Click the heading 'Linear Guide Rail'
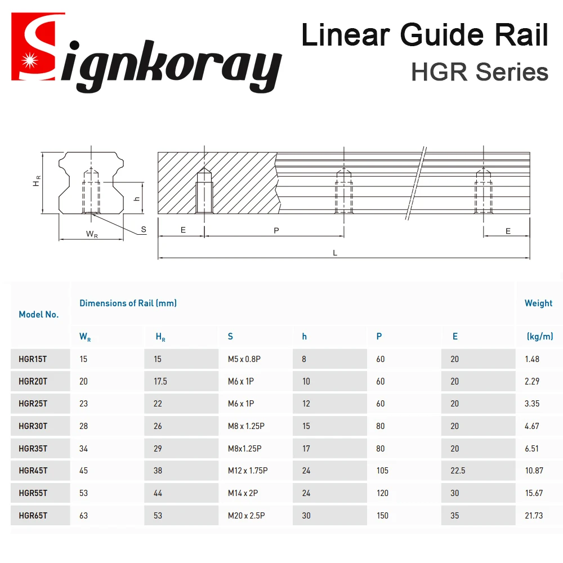425,35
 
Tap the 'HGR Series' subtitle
480,72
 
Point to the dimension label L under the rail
335,253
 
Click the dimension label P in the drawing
276,231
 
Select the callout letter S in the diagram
144,229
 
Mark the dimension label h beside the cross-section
136,198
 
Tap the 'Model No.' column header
38,315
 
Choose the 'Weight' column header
538,303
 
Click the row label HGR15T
33,359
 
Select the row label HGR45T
33,471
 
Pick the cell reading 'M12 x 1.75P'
248,471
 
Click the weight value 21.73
534,515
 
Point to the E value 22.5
458,471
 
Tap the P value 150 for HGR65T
382,515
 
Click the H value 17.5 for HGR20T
160,381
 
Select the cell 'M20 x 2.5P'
246,515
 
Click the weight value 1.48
532,359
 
